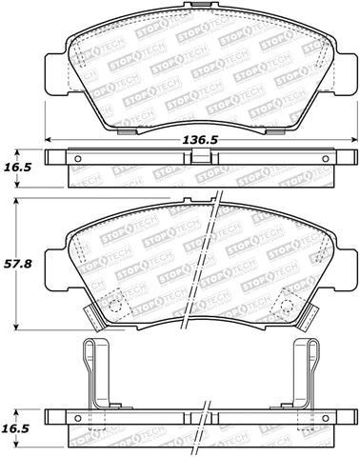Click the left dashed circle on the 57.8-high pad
point(116,306)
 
